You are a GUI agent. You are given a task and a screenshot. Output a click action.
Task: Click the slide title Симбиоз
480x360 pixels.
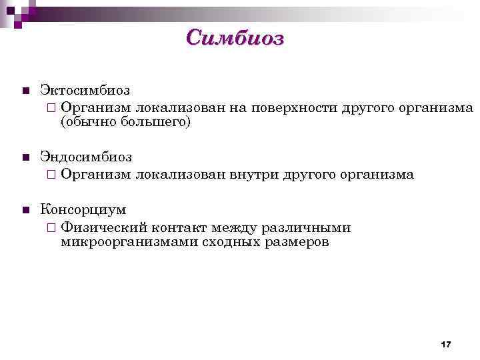pyautogui.click(x=235, y=38)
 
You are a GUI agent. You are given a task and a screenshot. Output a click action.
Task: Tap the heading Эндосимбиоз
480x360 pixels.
pyautogui.click(x=86, y=157)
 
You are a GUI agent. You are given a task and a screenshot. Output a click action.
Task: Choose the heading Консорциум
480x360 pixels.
pyautogui.click(x=83, y=210)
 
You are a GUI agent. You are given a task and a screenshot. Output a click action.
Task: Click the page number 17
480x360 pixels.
pyautogui.click(x=446, y=344)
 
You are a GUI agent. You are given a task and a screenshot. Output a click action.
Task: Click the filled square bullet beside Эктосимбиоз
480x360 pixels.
pyautogui.click(x=25, y=91)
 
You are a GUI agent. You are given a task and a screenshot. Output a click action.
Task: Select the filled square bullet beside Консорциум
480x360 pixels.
pyautogui.click(x=25, y=211)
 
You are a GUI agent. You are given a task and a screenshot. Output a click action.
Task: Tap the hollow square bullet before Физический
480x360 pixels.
pyautogui.click(x=52, y=228)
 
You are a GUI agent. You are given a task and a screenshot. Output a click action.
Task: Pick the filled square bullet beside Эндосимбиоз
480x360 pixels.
pyautogui.click(x=25, y=158)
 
